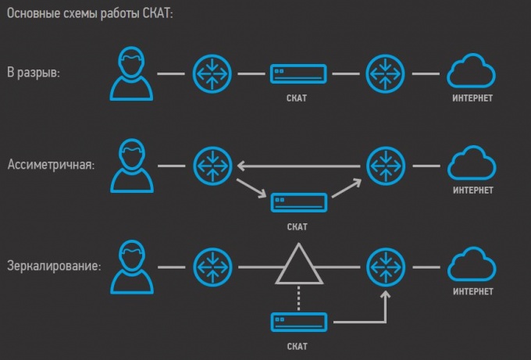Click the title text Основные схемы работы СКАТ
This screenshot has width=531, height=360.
pyautogui.click(x=91, y=14)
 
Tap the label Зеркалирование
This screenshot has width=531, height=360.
pyautogui.click(x=54, y=266)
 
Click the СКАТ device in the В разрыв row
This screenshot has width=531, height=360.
pyautogui.click(x=298, y=74)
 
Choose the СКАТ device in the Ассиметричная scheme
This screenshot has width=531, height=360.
pyautogui.click(x=298, y=202)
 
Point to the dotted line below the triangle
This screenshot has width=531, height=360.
pyautogui.click(x=298, y=299)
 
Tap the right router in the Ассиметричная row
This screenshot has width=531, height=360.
pyautogui.click(x=386, y=166)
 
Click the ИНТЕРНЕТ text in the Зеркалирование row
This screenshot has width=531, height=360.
pyautogui.click(x=473, y=291)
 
